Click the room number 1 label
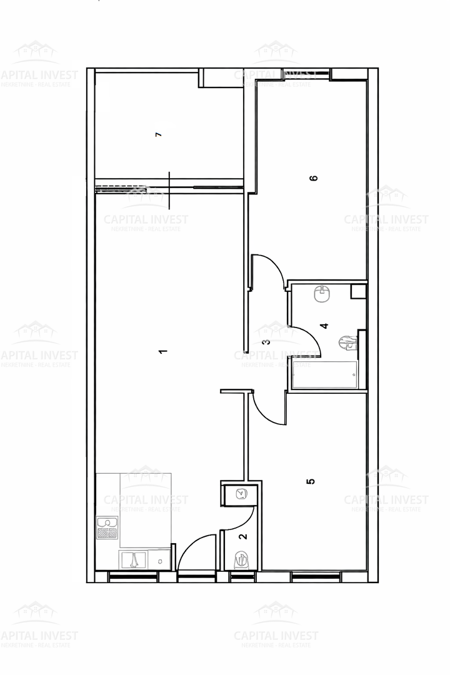pos(163,351)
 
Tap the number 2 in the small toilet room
pos(242,536)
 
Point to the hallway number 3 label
pos(266,342)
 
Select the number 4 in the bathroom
pos(323,326)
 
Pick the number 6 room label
pos(314,177)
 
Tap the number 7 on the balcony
pos(158,134)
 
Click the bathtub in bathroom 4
pos(325,374)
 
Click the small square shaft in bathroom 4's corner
pos(357,291)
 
